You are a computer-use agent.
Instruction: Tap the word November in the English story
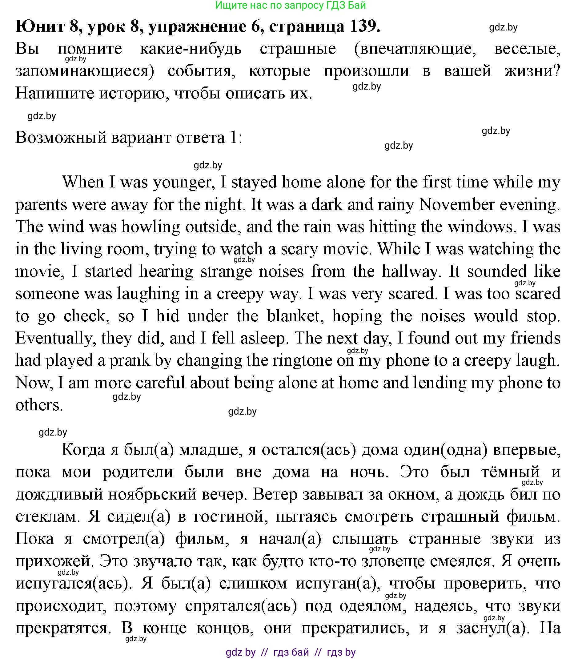(x=456, y=204)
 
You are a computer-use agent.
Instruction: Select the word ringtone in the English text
(x=302, y=360)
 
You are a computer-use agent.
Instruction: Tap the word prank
(x=130, y=360)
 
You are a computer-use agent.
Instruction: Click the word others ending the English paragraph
(x=39, y=405)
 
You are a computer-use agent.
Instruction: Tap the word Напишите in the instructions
(x=54, y=94)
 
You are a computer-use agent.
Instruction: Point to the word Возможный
(x=61, y=138)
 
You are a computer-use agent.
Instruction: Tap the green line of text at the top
(x=291, y=5)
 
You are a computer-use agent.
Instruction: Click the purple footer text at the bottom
(x=291, y=652)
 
